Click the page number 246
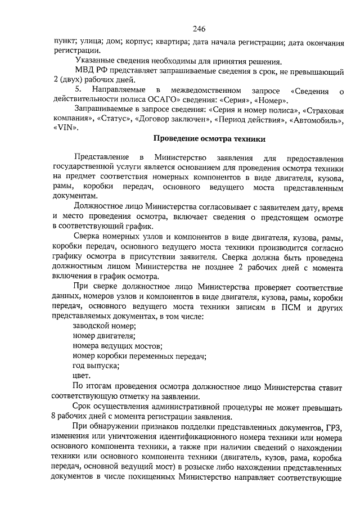point(198,29)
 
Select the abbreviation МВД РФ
point(92,71)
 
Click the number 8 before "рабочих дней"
point(52,417)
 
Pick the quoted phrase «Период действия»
point(244,119)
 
